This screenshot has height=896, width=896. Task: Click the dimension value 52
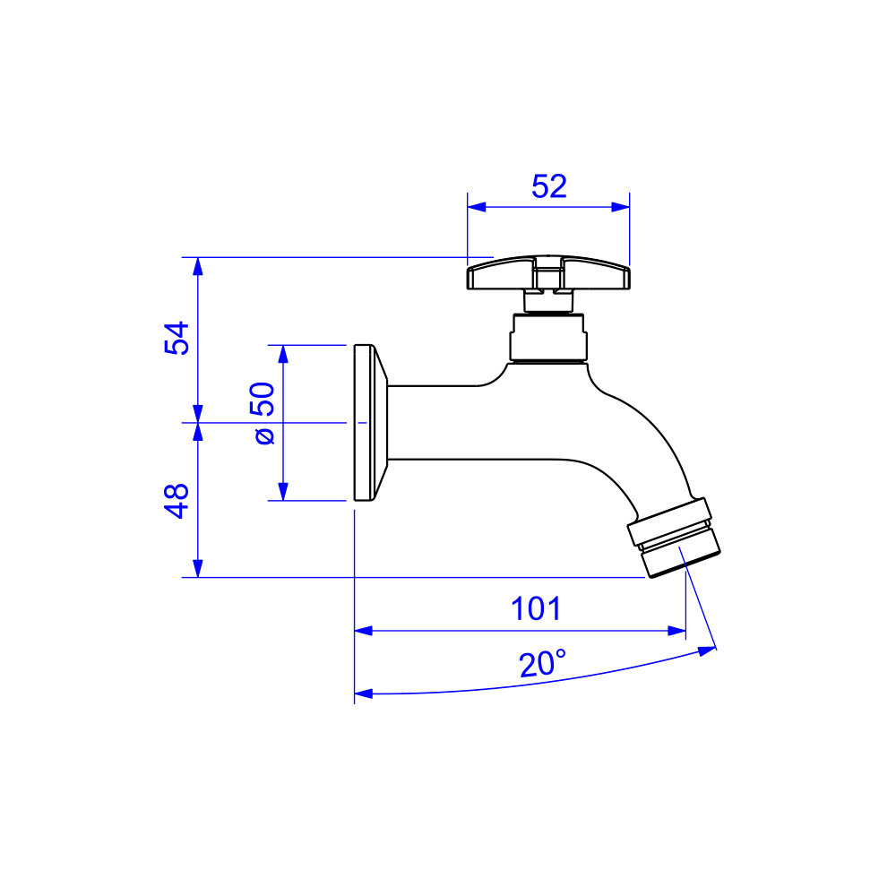click(x=548, y=186)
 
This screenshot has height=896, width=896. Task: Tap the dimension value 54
click(x=177, y=338)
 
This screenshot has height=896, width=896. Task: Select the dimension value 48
click(x=177, y=501)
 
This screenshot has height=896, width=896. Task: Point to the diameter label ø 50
click(x=263, y=412)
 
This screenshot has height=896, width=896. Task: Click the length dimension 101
click(x=536, y=608)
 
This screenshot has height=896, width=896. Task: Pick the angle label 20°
click(x=542, y=663)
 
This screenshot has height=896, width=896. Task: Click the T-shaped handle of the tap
click(x=548, y=273)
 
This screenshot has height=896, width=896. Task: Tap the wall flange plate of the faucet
click(x=370, y=423)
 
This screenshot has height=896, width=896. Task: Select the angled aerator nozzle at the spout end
click(x=675, y=537)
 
